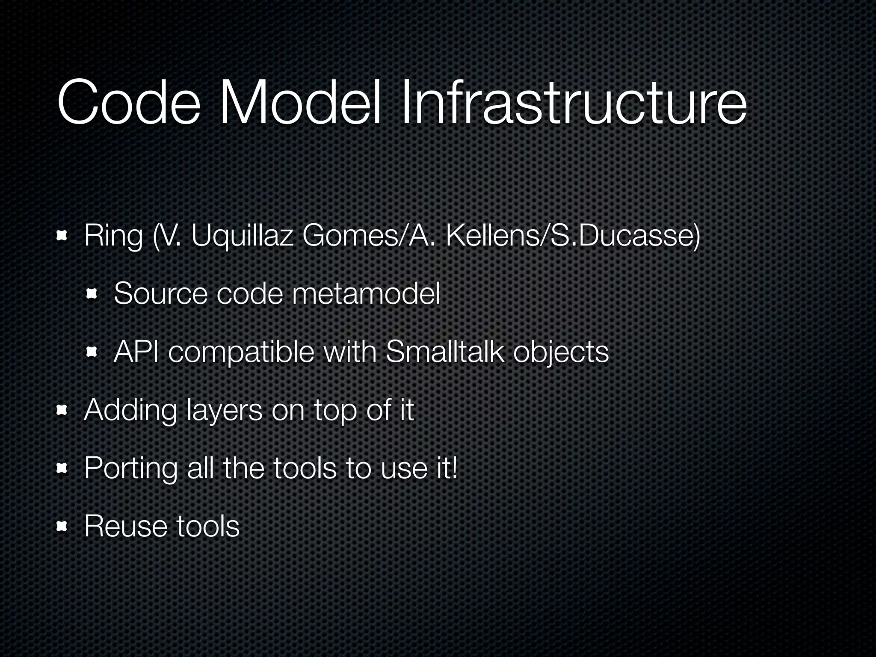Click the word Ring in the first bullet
(113, 236)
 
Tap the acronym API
(136, 352)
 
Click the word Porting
(130, 469)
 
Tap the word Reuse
(126, 526)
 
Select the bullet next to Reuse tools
(63, 526)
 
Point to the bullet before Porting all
(63, 468)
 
